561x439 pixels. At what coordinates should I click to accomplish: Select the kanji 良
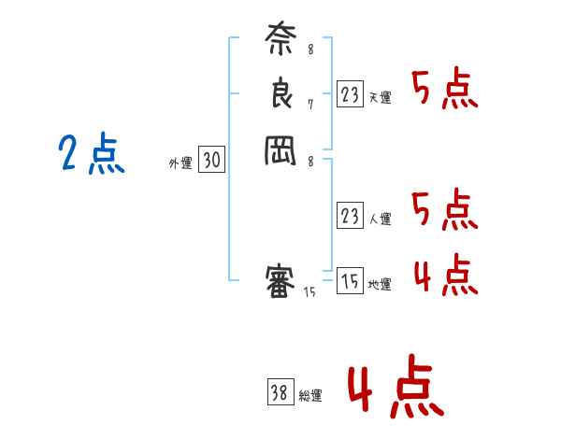coord(280,93)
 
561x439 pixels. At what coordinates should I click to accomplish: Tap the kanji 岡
coord(280,149)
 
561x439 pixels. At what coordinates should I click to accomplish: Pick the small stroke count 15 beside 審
coord(309,292)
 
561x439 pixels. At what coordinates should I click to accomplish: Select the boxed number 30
coord(211,161)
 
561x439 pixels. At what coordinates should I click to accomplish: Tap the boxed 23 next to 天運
coord(350,94)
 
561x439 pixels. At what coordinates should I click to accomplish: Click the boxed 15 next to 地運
coord(350,281)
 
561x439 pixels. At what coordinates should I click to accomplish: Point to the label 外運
coord(180,163)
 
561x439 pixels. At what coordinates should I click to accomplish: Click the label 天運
coord(380,97)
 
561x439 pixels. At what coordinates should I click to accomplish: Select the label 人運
coord(380,219)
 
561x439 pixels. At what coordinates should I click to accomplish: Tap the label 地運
coord(380,285)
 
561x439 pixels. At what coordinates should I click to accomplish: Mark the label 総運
coord(310,396)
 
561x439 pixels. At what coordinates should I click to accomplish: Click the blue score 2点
coord(92,153)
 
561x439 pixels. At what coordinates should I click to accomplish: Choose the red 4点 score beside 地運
coord(445,275)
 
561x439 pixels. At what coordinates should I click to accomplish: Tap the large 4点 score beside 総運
coord(396,389)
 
